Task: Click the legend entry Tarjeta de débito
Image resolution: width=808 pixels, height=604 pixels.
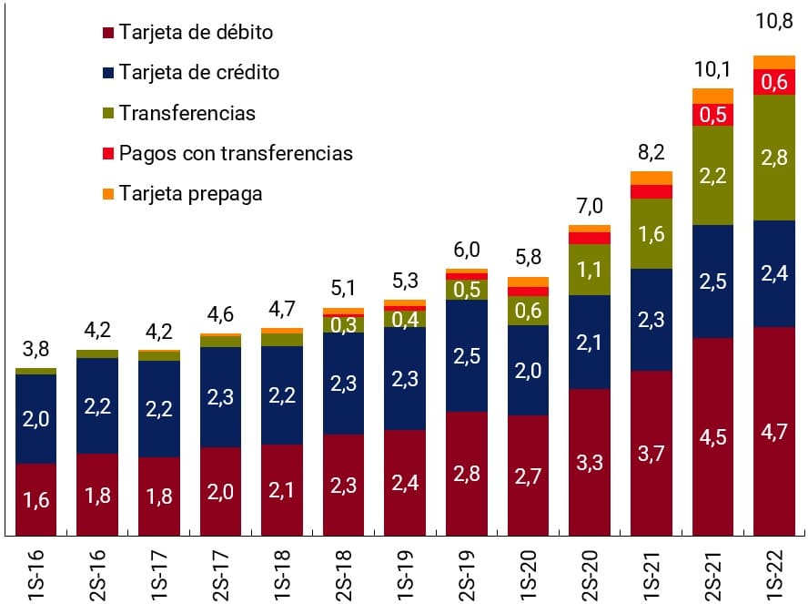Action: (196, 33)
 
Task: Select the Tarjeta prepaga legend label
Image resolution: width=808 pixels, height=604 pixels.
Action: (190, 194)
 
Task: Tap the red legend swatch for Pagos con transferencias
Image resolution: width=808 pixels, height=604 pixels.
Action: (108, 154)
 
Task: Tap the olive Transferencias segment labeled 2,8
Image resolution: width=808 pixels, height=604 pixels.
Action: (773, 157)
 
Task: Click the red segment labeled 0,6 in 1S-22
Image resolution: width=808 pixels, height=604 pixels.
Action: (773, 82)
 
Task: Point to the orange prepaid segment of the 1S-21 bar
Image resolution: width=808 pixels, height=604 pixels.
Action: (651, 178)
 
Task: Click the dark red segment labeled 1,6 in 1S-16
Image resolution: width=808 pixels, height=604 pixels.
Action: (35, 499)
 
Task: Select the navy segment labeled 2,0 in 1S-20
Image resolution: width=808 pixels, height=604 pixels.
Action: (528, 370)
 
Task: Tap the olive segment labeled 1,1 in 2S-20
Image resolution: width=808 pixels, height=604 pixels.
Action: (589, 270)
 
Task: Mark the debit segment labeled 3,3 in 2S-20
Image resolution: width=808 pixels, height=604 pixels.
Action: (589, 462)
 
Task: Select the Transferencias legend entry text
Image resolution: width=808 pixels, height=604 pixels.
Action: (187, 114)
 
